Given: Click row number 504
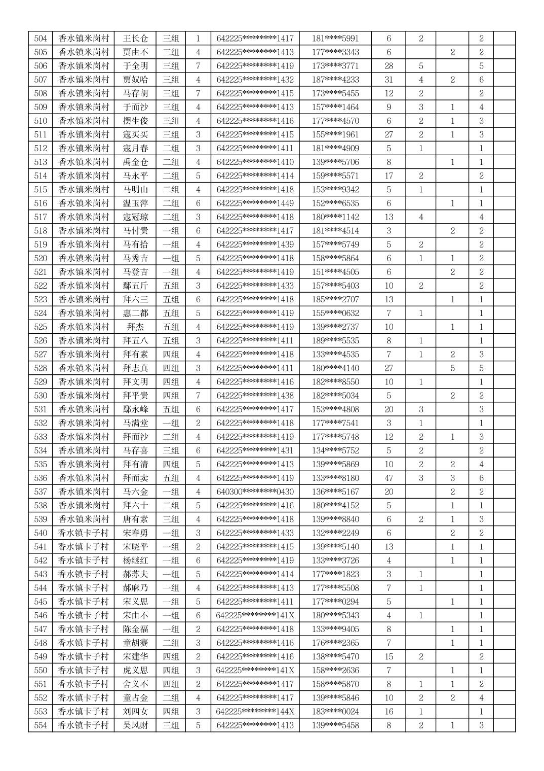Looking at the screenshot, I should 41,39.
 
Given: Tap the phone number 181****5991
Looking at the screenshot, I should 335,39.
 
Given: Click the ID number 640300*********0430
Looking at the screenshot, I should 255,492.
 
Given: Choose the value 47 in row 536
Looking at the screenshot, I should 388,478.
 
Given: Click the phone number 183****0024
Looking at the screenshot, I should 335,712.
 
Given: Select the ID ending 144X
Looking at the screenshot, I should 255,712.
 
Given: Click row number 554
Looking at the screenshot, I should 41,725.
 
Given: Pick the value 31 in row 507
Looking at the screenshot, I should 388,80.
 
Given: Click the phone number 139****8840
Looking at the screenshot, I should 335,519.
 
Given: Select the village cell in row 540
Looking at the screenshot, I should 84,533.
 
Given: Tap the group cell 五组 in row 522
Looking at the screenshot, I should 171,286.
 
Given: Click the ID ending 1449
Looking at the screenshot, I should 255,203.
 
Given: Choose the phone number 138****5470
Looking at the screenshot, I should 335,656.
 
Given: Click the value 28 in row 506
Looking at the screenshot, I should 388,66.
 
